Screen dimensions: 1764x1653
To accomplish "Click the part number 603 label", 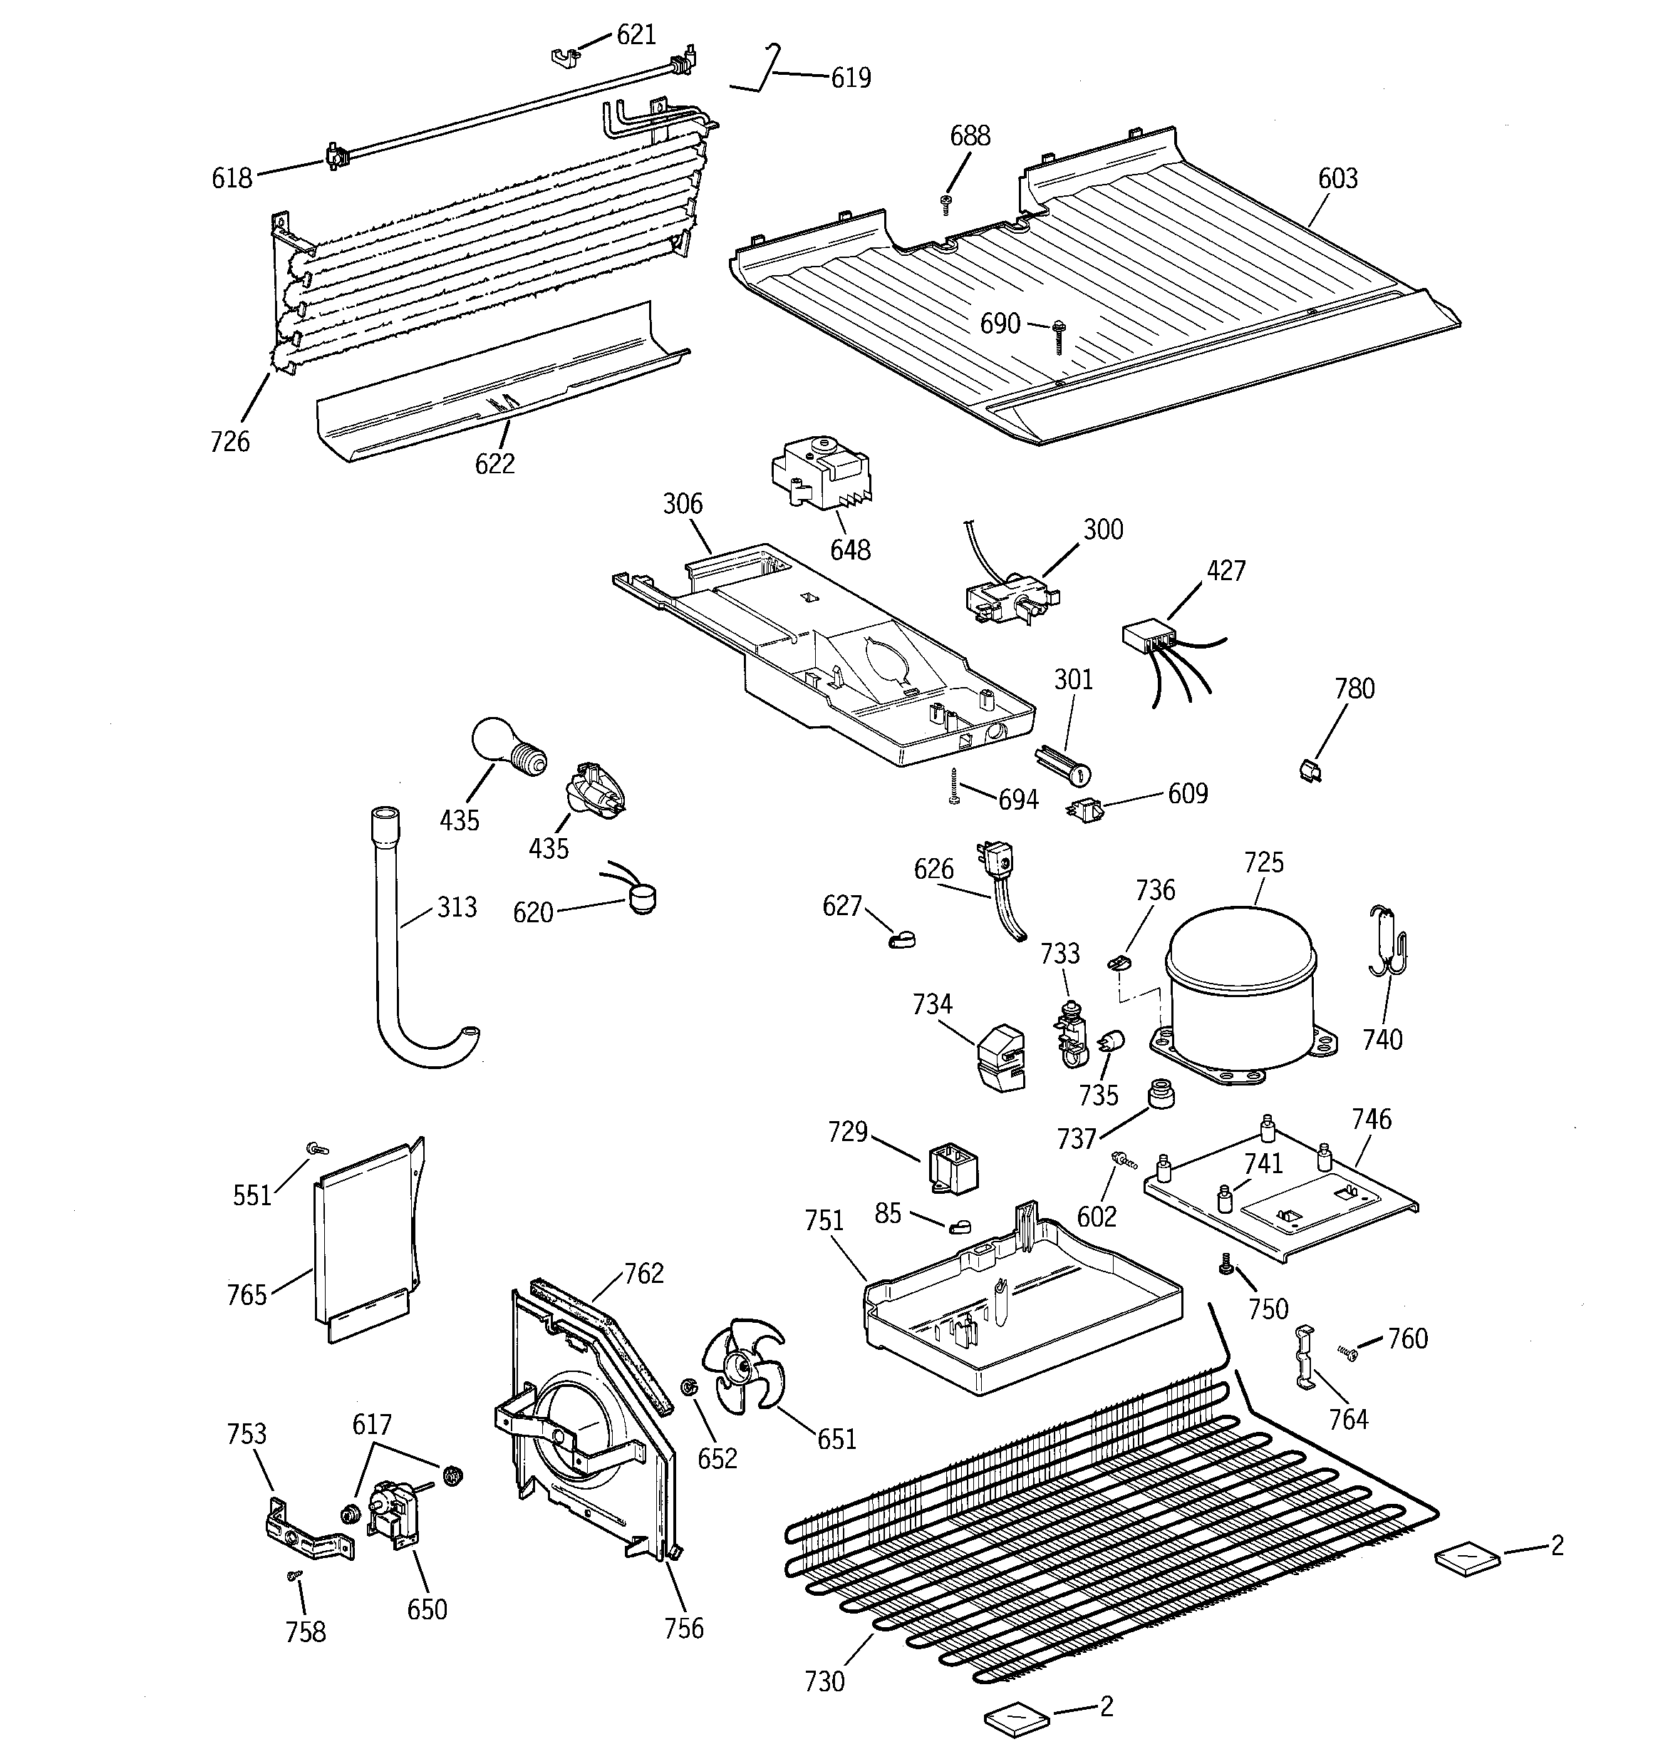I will coord(1337,178).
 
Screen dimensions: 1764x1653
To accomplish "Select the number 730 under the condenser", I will coord(824,1680).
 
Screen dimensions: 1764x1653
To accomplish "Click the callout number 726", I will coord(230,441).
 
